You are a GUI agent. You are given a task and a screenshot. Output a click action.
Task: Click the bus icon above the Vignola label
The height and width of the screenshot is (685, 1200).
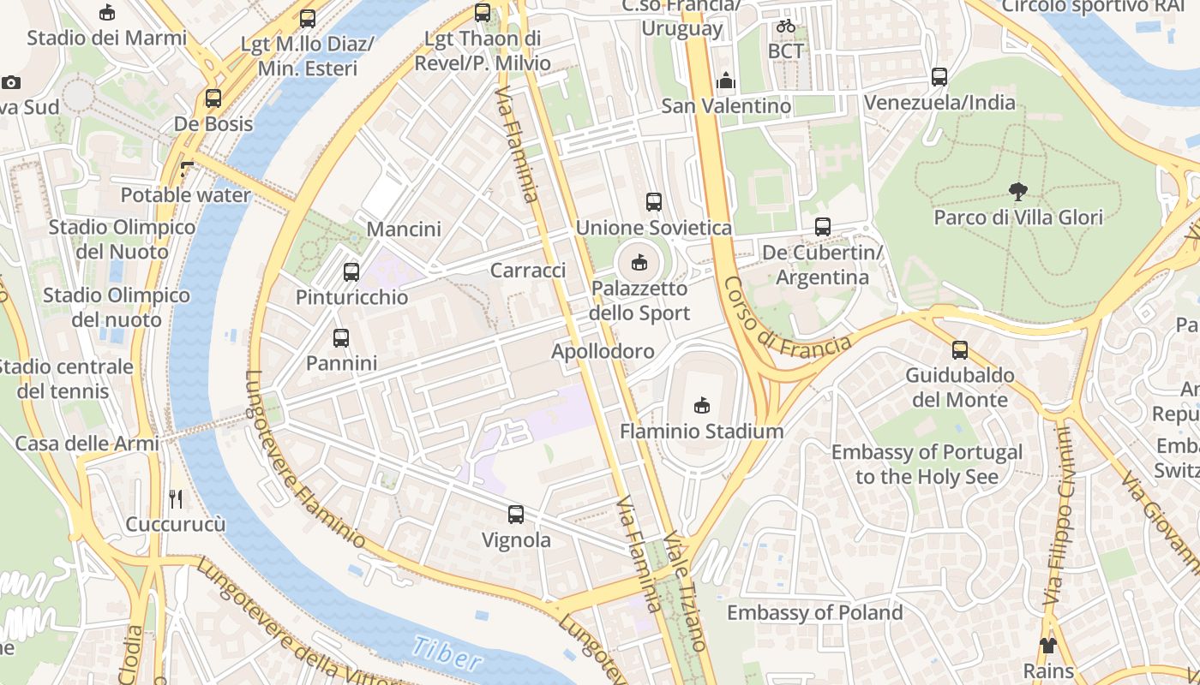pos(516,515)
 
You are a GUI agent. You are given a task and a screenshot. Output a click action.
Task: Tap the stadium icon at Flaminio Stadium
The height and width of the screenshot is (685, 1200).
pos(701,405)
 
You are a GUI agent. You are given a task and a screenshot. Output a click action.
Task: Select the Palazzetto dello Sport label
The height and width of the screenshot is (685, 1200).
pos(639,301)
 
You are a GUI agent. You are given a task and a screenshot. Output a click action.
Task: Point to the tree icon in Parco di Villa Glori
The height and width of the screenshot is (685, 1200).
pos(1017,191)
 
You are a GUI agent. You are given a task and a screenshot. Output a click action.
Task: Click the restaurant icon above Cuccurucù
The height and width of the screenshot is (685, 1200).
pos(176,498)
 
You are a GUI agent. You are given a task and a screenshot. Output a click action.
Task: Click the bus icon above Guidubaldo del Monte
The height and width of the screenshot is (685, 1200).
pos(960,349)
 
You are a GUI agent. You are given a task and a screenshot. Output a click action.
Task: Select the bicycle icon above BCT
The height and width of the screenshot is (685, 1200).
pos(785,26)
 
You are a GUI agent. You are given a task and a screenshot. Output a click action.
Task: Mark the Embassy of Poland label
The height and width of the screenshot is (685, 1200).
pos(814,613)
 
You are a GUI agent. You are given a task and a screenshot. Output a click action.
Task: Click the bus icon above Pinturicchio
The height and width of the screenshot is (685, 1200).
pos(351,272)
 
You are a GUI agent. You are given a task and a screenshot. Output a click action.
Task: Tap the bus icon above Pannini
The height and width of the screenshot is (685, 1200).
pos(341,337)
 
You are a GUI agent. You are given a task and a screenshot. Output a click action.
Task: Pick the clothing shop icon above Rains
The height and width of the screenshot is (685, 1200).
pos(1047,645)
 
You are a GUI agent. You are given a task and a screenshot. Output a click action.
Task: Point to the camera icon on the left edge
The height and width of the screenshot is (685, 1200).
pos(10,82)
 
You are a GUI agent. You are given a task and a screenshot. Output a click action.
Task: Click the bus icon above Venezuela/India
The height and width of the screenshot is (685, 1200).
pos(939,77)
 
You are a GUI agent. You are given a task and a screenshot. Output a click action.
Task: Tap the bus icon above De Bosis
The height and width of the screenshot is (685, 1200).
pos(213,98)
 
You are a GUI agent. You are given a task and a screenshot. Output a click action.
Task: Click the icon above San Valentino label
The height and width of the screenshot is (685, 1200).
pos(726,81)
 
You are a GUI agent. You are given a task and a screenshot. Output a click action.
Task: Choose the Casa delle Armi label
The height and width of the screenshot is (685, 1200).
pos(87,444)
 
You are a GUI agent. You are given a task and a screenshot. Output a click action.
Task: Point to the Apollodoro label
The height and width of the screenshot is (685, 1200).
pos(603,351)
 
